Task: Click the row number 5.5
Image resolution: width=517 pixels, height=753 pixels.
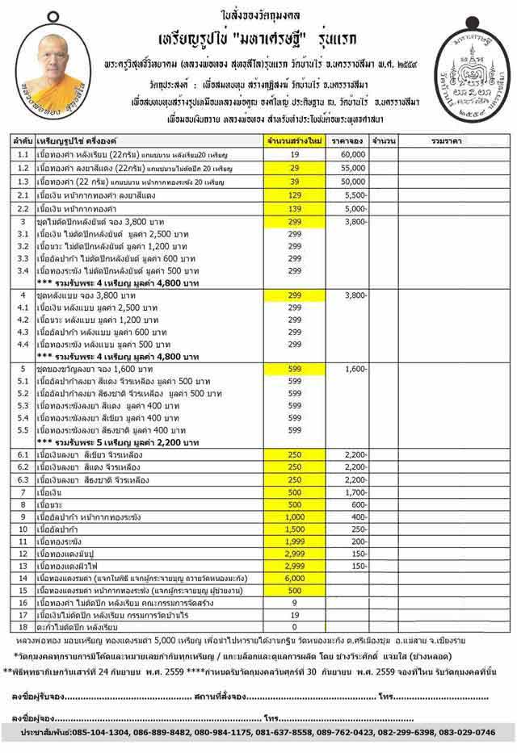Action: click(x=23, y=431)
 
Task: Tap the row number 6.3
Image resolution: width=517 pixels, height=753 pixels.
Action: click(x=23, y=479)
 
